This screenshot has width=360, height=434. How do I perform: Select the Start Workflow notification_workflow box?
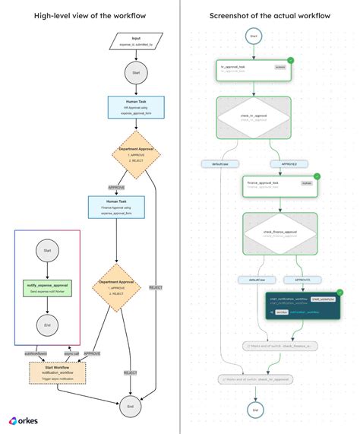tap(58, 373)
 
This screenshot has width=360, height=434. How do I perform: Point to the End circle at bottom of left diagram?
tap(131, 407)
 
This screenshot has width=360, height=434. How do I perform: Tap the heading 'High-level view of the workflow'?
tap(90, 14)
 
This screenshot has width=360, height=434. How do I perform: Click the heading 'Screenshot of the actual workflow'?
tap(270, 14)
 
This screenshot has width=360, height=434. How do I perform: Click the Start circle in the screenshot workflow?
tap(252, 36)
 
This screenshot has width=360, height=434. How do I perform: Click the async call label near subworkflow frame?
tap(69, 353)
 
